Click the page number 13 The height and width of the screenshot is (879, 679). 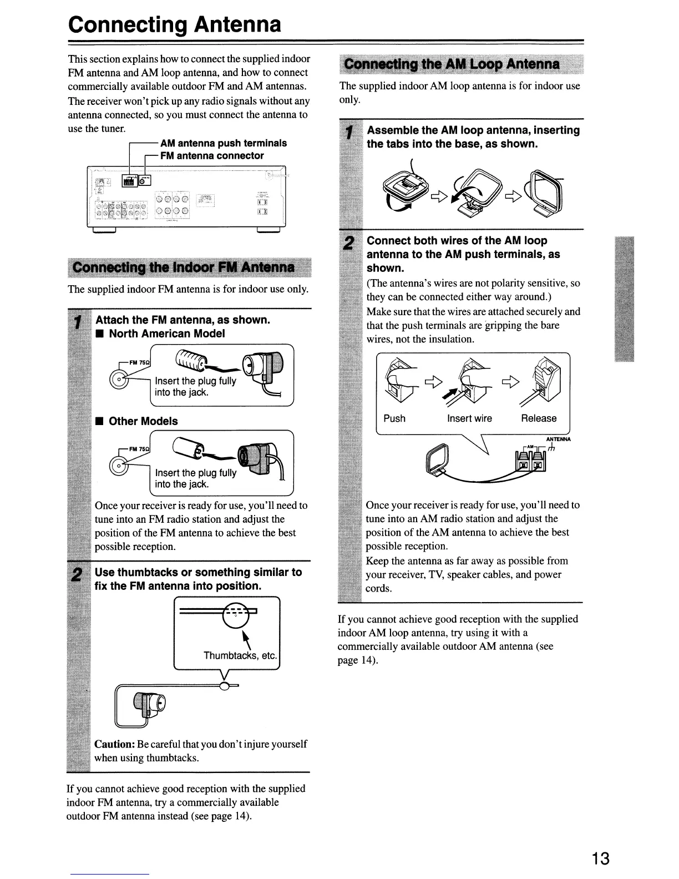click(x=600, y=858)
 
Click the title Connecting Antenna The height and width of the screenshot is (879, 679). click(x=175, y=24)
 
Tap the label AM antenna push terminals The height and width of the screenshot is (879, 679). click(x=223, y=143)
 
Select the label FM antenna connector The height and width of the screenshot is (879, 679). click(x=211, y=156)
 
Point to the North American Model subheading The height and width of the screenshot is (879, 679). click(x=166, y=334)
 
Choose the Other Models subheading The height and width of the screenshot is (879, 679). click(x=143, y=421)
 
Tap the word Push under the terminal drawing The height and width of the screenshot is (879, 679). click(x=394, y=418)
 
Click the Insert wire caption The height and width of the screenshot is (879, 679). click(x=469, y=418)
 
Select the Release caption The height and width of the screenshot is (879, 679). click(x=539, y=418)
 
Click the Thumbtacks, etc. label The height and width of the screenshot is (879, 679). click(x=240, y=655)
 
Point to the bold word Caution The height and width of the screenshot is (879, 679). click(x=115, y=744)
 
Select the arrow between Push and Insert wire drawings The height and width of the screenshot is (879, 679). click(x=433, y=381)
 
